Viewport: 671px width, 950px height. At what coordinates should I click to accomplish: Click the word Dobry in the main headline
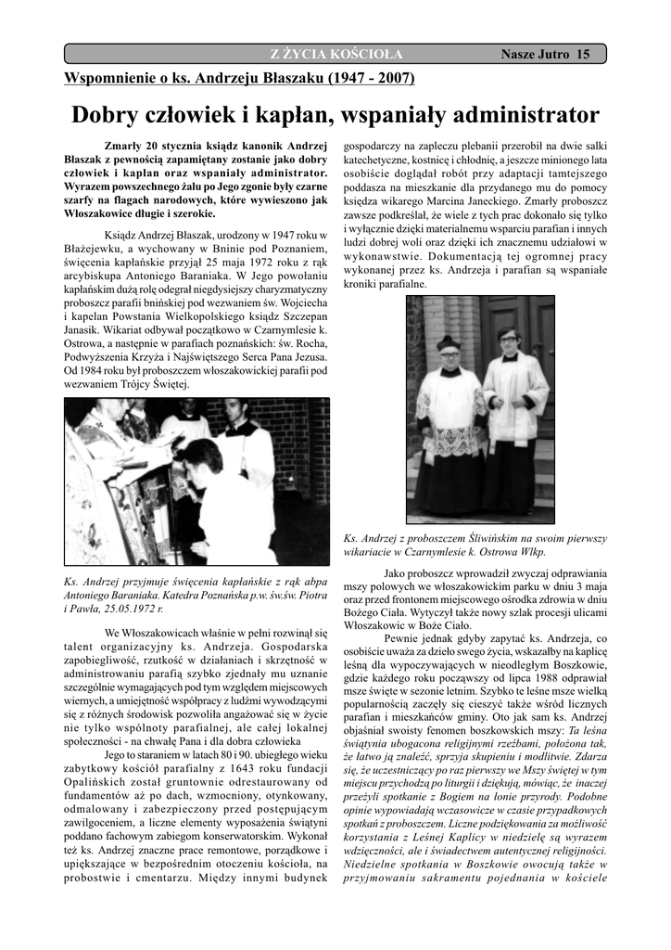click(104, 115)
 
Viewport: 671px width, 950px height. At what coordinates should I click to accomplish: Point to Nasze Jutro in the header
click(536, 55)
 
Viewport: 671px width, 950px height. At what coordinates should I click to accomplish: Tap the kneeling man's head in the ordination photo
click(202, 456)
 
